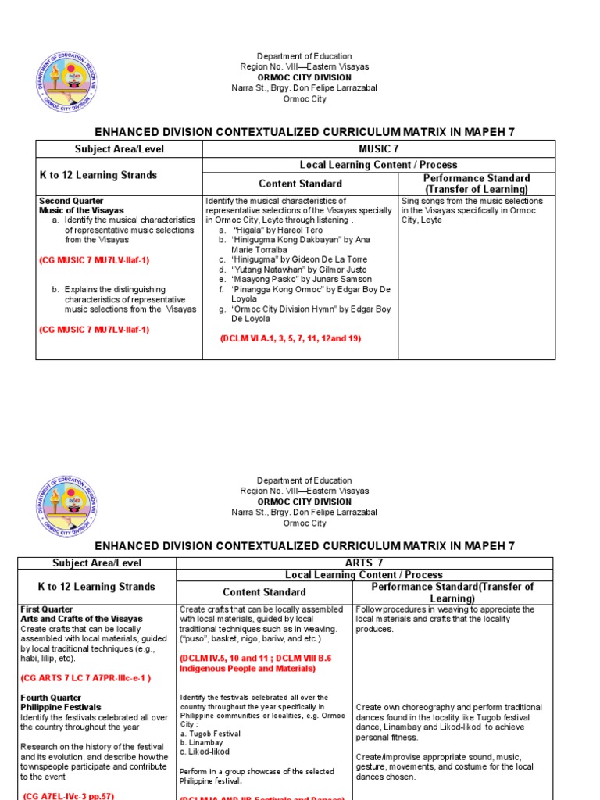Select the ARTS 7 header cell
tap(364, 563)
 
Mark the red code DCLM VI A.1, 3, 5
tap(291, 338)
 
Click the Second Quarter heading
tap(71, 201)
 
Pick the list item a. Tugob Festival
tap(210, 734)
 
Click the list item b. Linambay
tap(202, 743)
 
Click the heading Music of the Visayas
tap(81, 211)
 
